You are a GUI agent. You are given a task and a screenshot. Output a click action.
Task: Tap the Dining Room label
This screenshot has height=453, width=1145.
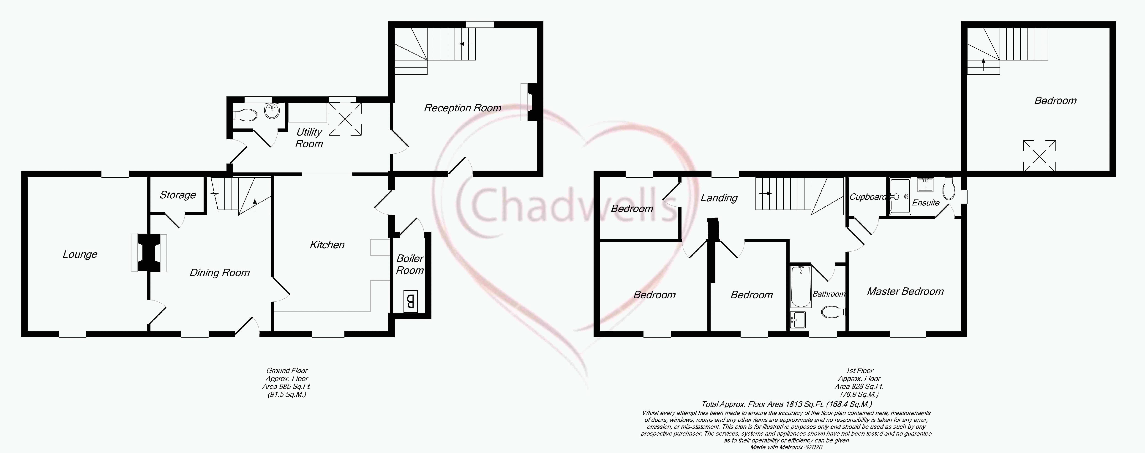(220, 273)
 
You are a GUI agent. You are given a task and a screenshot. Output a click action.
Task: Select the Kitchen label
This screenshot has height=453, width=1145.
(327, 245)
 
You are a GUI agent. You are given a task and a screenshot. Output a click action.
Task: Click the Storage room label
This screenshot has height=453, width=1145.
(177, 195)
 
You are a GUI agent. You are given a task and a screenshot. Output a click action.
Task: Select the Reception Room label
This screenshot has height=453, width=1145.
(462, 108)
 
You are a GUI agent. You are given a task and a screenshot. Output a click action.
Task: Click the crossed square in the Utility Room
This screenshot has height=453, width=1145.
(345, 119)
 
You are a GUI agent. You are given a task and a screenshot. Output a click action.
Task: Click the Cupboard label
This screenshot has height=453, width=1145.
(867, 196)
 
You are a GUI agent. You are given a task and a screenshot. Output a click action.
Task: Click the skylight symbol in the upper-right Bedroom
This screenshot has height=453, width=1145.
(1039, 156)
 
